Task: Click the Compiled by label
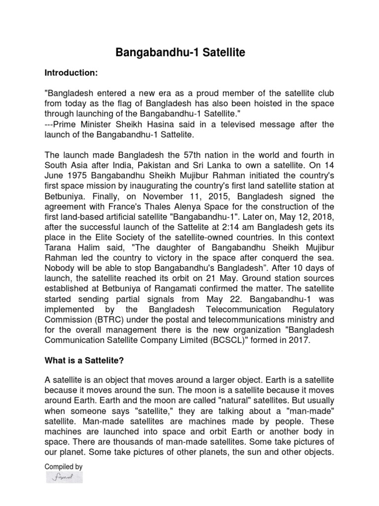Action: point(64,466)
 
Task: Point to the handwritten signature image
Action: point(64,477)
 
